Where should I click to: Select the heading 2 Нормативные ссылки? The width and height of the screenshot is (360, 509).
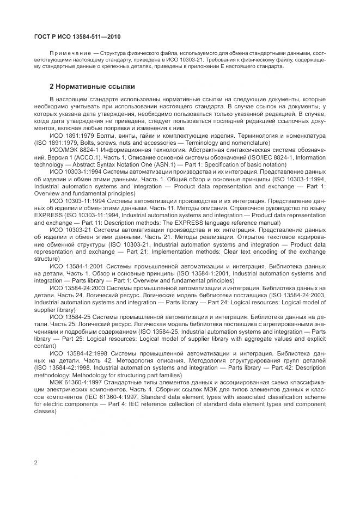click(91, 87)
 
